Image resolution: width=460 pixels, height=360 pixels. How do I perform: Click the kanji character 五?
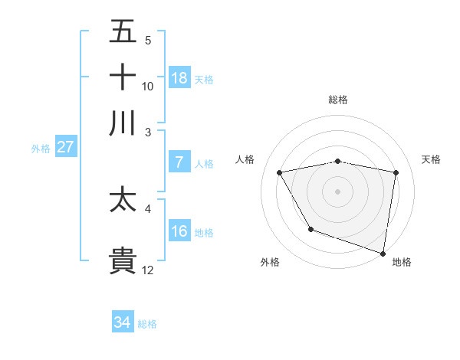[x=123, y=32]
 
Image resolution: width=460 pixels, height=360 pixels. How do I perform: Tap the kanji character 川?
[x=123, y=123]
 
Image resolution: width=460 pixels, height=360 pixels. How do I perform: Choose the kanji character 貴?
[x=123, y=261]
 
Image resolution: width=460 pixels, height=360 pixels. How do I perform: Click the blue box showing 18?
[x=179, y=78]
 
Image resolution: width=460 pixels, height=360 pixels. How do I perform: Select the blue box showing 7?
[x=179, y=162]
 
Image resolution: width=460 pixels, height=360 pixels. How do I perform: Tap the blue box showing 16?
[x=179, y=231]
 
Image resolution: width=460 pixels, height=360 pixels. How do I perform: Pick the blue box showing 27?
[x=65, y=147]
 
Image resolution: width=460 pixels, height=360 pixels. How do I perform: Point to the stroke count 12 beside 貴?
[x=148, y=270]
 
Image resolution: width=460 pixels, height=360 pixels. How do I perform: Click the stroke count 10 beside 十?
[x=148, y=86]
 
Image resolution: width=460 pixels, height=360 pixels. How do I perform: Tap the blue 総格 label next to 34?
[x=147, y=324]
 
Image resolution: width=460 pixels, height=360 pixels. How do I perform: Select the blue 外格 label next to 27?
[x=41, y=149]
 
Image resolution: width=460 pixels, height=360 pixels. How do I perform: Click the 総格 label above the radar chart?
[x=338, y=100]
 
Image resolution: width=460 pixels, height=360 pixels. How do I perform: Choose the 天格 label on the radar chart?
[x=432, y=159]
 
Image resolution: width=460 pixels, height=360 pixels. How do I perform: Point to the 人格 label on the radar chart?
[x=245, y=159]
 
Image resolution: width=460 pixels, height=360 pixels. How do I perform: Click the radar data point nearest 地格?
[x=383, y=253]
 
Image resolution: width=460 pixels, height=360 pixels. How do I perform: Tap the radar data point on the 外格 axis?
[x=310, y=229]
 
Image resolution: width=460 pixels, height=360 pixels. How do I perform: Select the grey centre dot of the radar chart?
[x=338, y=191]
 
